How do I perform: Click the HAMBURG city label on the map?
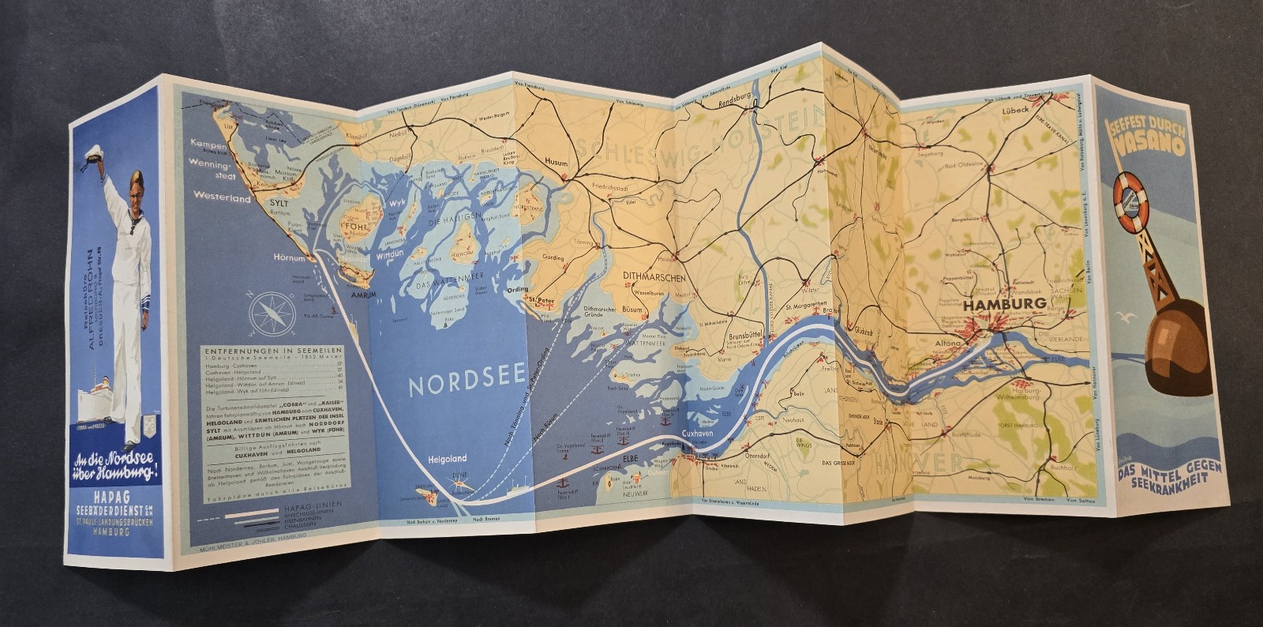click(1005, 303)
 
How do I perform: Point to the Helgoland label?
click(447, 458)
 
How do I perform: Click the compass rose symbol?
click(272, 313)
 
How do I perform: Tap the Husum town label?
click(556, 163)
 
